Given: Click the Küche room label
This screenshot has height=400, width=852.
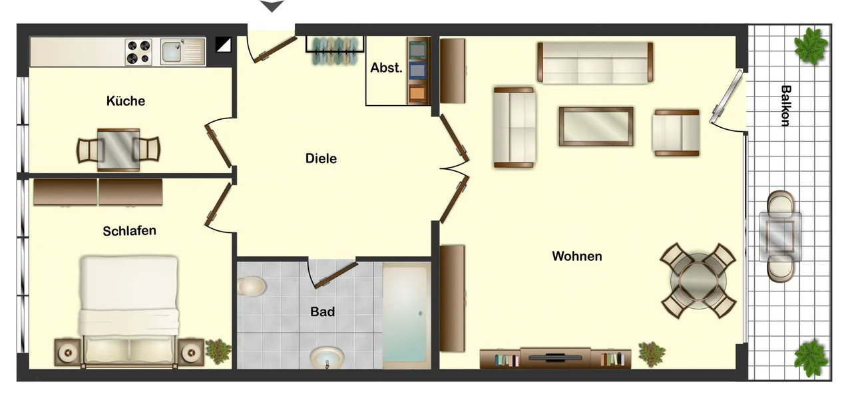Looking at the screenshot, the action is pos(126,101).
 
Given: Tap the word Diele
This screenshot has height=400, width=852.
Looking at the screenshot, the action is pos(321,158).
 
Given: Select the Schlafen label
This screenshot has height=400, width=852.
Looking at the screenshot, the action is pos(129,231).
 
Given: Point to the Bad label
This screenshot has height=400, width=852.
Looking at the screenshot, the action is pos(323,311).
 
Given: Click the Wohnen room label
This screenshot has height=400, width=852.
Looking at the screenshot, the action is pos(577,256).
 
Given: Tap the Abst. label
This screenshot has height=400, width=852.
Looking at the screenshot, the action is pos(386,68).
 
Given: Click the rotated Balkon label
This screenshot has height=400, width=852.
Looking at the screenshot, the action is pos(786,106).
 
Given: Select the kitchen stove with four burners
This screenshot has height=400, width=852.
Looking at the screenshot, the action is pos(138,52).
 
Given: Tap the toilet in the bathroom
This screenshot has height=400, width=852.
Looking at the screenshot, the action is pos(251,286).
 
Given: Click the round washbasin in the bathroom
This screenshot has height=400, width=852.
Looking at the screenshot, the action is pos(327,358).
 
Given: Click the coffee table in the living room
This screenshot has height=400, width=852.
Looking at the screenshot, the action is pos(596,126).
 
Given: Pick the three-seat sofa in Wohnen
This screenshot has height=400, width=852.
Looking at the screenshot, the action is pos(595,63).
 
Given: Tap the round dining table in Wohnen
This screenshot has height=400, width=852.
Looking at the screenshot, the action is pos(698,282).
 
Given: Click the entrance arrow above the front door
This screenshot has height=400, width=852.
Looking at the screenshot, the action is pos(272,6).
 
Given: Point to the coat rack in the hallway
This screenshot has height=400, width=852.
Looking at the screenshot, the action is pos(335,51).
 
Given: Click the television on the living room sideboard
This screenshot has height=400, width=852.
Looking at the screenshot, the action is pos(555,357).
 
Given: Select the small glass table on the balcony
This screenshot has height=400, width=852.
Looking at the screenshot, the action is pos(780,236).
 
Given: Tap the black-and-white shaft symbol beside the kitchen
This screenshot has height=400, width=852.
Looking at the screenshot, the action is pos(223,45).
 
